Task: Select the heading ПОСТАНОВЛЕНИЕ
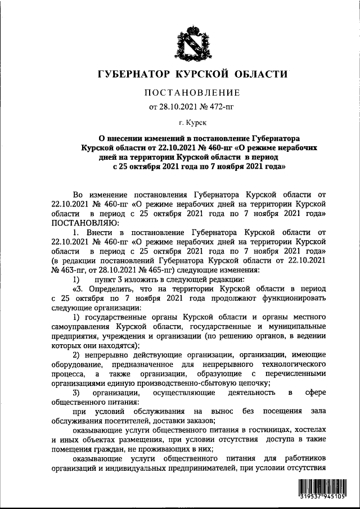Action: point(193,92)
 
